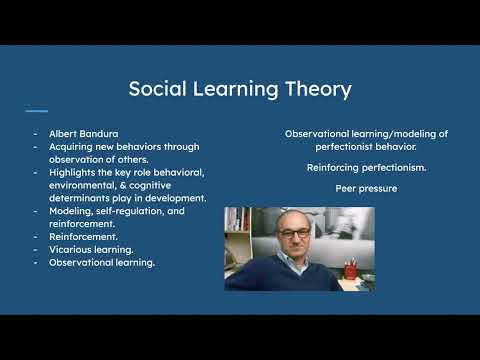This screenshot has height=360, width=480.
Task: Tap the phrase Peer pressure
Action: (x=353, y=188)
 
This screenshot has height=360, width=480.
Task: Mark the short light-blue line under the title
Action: (x=36, y=111)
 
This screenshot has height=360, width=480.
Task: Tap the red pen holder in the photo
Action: (x=350, y=270)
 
